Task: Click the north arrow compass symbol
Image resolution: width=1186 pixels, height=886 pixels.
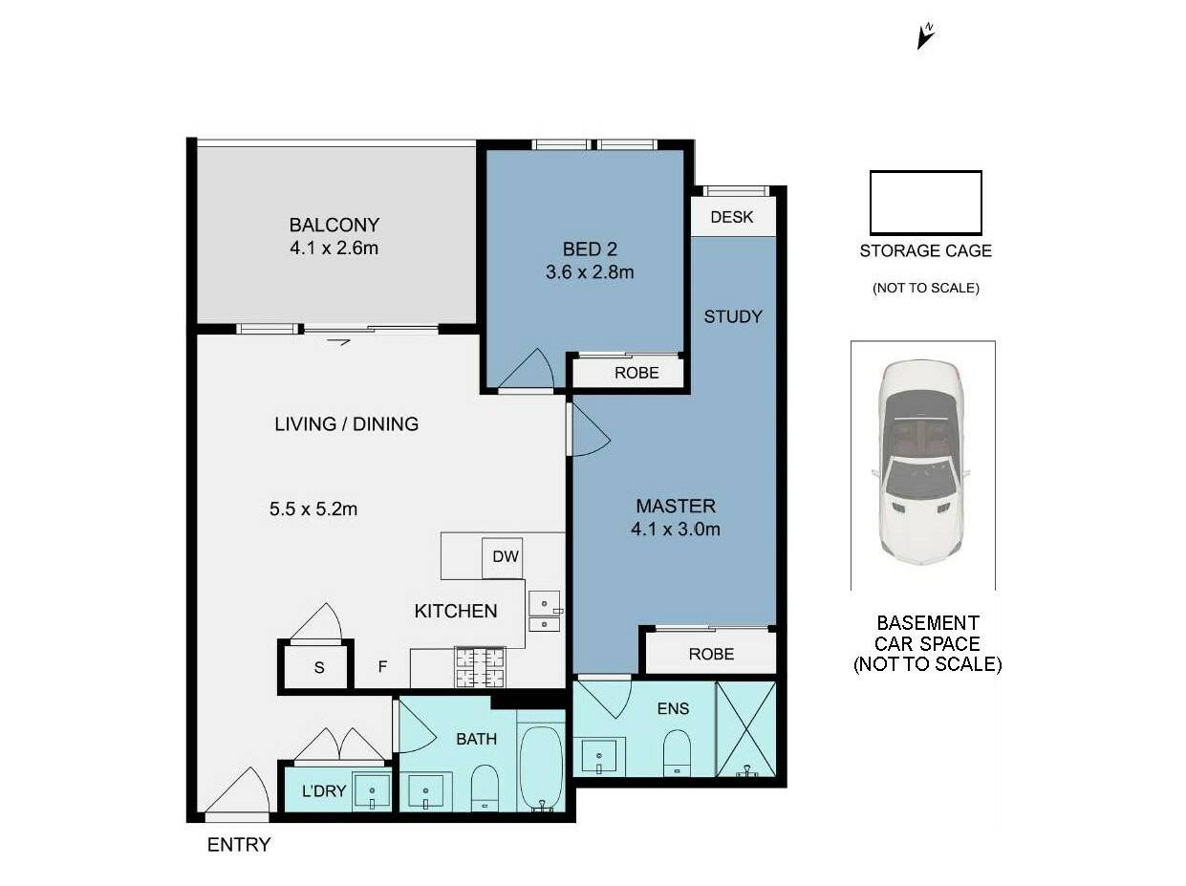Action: click(925, 36)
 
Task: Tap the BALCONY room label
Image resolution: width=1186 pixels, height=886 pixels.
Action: click(334, 225)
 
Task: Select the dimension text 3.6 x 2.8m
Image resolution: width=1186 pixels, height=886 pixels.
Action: click(590, 271)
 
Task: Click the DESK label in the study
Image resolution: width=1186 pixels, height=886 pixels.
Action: click(732, 217)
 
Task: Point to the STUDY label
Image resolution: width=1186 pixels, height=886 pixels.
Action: click(733, 316)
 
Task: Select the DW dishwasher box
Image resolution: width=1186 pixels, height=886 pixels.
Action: click(503, 557)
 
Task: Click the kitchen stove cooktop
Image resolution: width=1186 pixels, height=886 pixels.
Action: click(480, 667)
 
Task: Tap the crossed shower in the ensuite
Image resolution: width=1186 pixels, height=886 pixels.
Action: click(745, 729)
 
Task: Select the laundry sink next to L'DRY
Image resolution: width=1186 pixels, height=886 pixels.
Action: click(371, 791)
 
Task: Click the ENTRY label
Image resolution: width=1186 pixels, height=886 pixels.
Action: click(239, 844)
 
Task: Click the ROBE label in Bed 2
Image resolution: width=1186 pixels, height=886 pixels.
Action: click(636, 373)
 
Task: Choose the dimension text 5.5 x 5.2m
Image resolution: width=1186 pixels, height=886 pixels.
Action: click(313, 508)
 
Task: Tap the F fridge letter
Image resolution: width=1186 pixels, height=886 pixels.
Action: click(382, 667)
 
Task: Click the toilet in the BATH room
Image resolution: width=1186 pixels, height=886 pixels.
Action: click(485, 789)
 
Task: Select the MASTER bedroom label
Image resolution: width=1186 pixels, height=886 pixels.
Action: click(676, 507)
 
